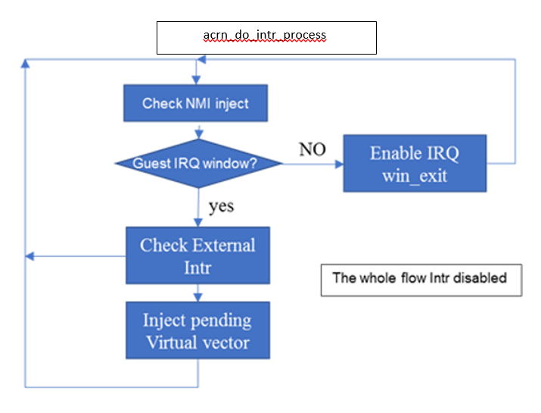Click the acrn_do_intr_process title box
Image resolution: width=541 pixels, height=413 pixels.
(x=266, y=38)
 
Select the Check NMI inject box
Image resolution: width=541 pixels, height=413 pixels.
(x=196, y=103)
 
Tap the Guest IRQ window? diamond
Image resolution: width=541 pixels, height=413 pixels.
(x=199, y=164)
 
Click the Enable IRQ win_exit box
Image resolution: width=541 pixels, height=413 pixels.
(x=415, y=164)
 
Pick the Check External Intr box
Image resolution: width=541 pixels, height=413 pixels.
(x=197, y=255)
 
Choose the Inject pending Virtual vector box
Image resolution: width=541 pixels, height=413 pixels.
(x=197, y=330)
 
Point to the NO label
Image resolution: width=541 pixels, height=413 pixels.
(x=312, y=149)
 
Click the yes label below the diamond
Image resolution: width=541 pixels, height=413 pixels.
(x=222, y=207)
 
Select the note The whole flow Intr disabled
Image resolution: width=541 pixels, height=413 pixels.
(x=421, y=280)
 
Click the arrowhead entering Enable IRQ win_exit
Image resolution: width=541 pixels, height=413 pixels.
(x=340, y=164)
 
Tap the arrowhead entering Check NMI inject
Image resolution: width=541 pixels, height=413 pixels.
(x=196, y=80)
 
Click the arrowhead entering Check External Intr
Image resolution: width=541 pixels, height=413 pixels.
(x=198, y=223)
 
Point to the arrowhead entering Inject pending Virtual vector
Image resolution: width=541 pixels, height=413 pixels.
(x=197, y=298)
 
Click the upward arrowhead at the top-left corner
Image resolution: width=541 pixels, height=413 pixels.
(x=25, y=64)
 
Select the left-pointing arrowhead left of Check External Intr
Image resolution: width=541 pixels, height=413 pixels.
(x=30, y=256)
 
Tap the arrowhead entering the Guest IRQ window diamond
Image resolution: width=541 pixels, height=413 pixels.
(x=199, y=135)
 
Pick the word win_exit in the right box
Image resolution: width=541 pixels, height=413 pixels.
(x=415, y=176)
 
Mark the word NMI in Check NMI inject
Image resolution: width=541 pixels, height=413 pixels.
(x=198, y=103)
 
